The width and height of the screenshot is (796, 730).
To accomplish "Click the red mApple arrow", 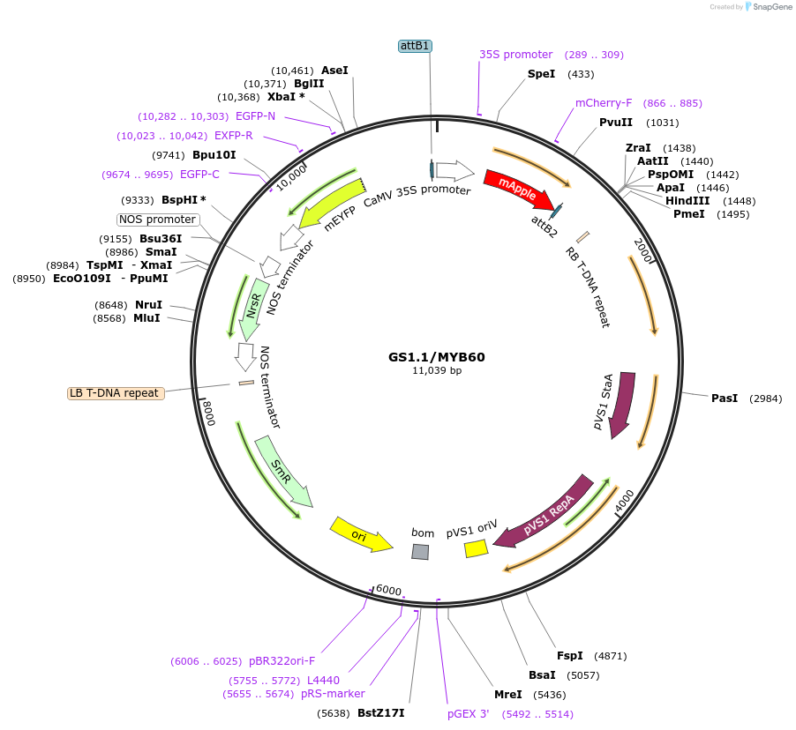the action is point(518,189).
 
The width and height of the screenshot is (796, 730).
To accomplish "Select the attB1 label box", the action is point(416,46).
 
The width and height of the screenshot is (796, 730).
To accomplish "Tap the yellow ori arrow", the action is point(360,535).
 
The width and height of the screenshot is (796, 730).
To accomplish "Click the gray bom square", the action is point(420,551).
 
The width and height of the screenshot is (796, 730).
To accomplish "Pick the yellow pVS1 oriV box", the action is point(477,548).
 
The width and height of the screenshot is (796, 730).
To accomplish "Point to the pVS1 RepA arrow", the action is point(545,513).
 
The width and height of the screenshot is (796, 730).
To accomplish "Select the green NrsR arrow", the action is point(253,309).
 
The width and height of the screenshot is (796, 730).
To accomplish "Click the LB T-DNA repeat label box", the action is point(116,393).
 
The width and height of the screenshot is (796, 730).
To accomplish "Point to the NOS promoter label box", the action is point(157,220).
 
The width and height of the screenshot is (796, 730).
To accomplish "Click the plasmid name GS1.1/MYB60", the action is point(437,357).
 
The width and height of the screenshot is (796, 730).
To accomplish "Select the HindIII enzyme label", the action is point(687,201).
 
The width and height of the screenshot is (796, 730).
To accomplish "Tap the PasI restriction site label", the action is point(725,399).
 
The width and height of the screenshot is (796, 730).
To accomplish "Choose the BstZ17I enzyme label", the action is point(380,713).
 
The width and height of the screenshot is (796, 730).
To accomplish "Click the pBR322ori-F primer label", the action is point(282,661).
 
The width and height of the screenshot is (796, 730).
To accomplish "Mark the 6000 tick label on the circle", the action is point(389,590).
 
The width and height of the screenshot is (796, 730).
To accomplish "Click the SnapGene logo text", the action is point(772,6).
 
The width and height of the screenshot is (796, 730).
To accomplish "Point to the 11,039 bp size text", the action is point(437,371).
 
